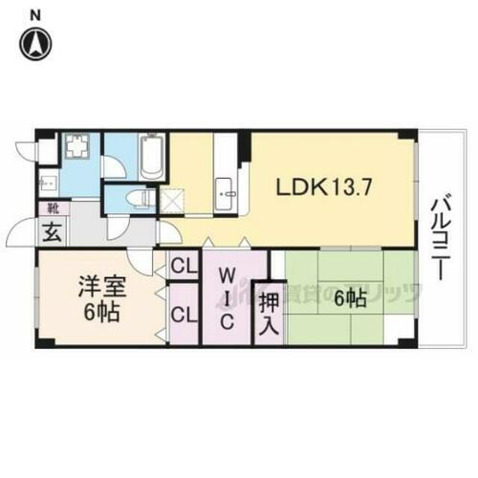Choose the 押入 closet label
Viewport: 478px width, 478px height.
coord(269,314)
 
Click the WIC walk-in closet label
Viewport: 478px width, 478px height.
coord(227,297)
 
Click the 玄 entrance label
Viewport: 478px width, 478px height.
coord(48,230)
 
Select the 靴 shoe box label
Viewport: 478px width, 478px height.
coord(45,207)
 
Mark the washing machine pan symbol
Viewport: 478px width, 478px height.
coord(76,150)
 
